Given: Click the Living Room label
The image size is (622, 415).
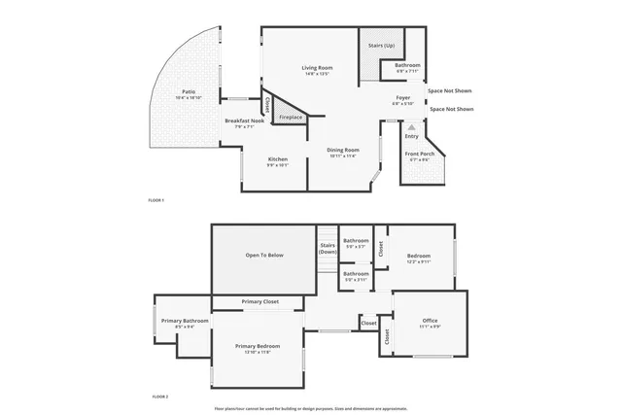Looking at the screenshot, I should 317,67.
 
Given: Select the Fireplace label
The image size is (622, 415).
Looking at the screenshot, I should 291,117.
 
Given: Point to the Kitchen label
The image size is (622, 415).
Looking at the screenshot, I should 278,158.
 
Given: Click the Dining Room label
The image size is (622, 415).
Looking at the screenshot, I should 343,149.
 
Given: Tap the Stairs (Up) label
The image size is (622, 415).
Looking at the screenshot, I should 381,46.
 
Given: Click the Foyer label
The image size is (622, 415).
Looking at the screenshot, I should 402,97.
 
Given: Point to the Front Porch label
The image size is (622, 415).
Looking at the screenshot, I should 419,154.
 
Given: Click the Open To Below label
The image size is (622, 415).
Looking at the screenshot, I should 263,255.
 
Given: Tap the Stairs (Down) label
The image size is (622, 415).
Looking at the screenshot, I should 328,249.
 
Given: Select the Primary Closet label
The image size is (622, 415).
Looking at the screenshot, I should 259,301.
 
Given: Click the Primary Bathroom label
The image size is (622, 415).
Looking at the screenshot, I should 185,320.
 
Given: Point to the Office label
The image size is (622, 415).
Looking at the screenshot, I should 430,320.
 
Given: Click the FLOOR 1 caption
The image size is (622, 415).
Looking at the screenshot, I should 155,199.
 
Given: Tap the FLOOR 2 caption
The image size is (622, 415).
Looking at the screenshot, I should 159,397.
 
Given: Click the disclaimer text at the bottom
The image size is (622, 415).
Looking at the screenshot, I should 311,408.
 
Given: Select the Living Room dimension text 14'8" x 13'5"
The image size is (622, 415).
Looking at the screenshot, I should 317,74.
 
